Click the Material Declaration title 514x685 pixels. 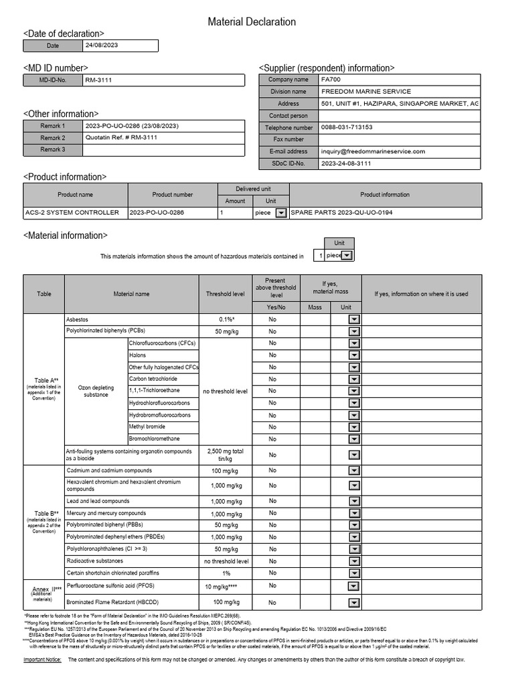(252, 22)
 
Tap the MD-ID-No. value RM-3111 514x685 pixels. (98, 80)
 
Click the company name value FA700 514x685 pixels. (331, 80)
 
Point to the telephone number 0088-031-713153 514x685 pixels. (347, 127)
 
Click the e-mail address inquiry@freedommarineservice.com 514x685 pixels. (373, 151)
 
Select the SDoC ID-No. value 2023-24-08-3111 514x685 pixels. (346, 163)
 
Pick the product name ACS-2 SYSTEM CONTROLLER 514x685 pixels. (72, 213)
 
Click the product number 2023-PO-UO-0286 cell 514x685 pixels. (157, 213)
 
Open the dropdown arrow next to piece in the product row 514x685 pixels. (281, 213)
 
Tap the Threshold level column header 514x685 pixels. (226, 294)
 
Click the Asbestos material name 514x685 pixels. (78, 319)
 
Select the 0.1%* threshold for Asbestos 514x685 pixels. (226, 319)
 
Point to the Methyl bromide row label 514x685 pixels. (147, 427)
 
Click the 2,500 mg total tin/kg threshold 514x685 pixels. (226, 455)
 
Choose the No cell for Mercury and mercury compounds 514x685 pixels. (272, 513)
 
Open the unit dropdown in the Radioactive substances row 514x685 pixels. (354, 561)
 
